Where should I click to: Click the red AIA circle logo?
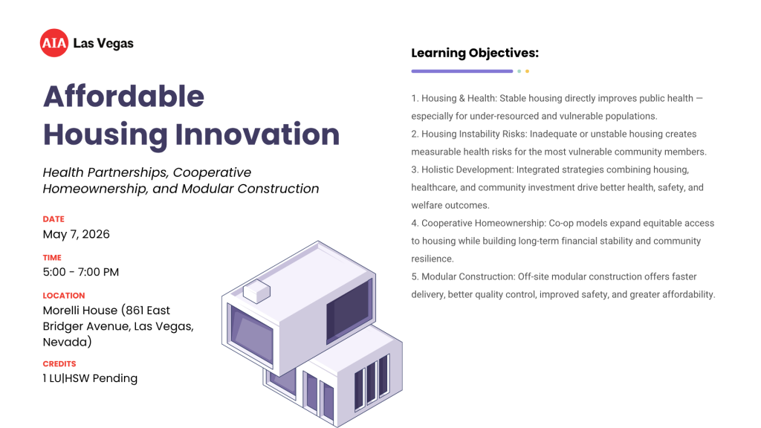[54, 43]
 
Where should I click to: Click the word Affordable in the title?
[123, 97]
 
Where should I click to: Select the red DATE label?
[54, 219]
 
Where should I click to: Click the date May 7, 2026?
[76, 234]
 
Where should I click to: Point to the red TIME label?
[52, 258]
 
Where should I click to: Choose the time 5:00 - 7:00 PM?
[80, 272]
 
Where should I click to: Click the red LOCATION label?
[64, 295]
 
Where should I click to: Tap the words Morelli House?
[80, 310]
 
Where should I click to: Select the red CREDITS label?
[59, 364]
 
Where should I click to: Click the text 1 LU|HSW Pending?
[90, 378]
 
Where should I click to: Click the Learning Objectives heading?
[474, 53]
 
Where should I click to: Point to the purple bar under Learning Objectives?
[462, 71]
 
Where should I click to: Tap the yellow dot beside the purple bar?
[527, 71]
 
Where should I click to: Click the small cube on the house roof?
[256, 292]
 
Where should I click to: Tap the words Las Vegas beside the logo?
[103, 43]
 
